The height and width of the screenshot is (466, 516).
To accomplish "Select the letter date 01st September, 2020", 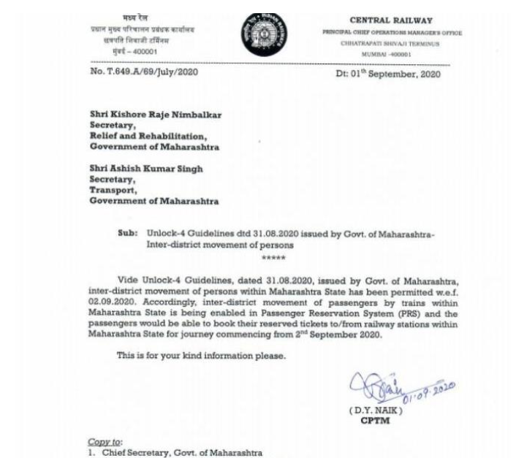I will click(x=387, y=72).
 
